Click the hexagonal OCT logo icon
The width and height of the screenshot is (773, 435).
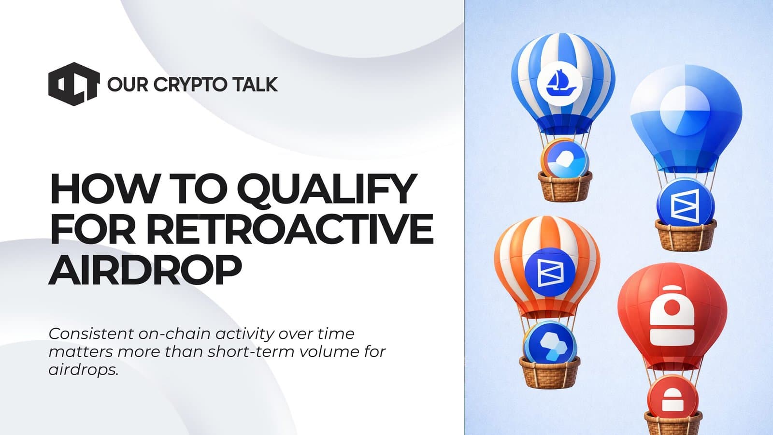tap(73, 84)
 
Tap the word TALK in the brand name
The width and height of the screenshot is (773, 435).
tap(255, 85)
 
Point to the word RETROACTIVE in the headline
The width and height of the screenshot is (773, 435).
tap(289, 230)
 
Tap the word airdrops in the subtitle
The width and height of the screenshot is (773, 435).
tap(83, 370)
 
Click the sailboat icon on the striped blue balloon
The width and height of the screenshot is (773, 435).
tap(560, 83)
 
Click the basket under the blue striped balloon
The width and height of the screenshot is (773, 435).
tap(565, 187)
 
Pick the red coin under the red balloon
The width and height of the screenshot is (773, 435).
tap(673, 397)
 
